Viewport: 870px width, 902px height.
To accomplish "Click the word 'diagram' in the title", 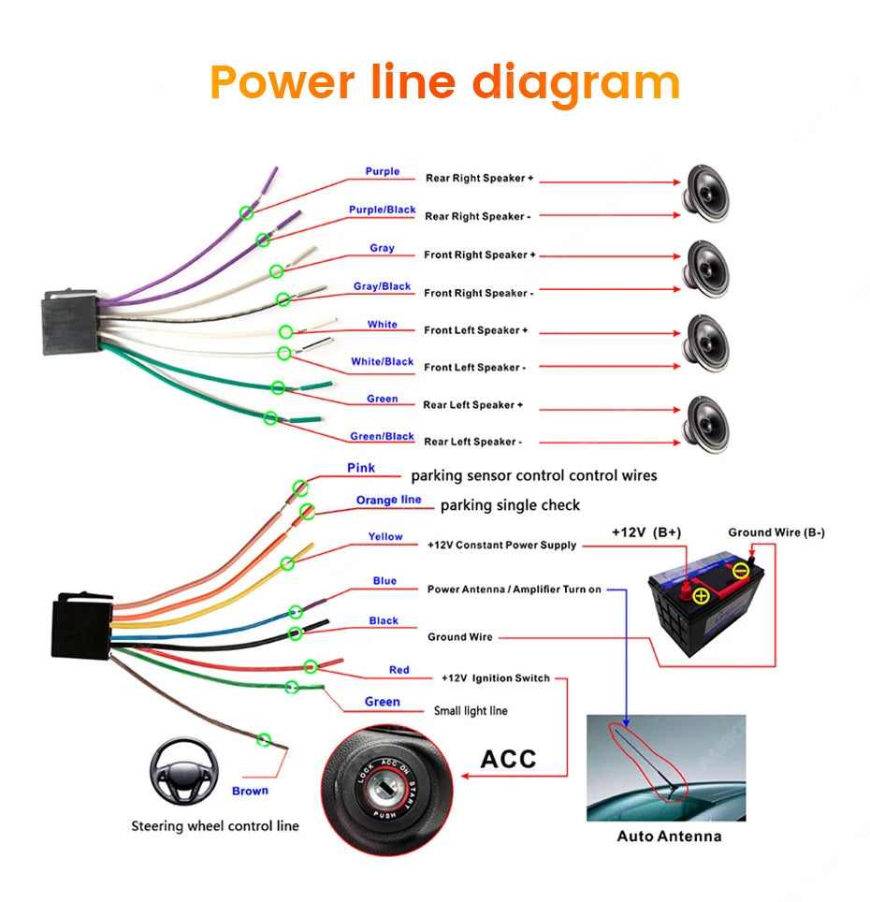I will (575, 83).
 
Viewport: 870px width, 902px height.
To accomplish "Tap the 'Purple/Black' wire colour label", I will (382, 210).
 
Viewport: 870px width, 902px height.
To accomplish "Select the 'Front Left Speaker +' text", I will (476, 330).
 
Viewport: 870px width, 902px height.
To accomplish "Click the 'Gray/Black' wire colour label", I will (382, 286).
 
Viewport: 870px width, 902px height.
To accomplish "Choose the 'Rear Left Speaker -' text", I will (472, 442).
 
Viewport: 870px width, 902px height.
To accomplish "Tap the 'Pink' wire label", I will (361, 468).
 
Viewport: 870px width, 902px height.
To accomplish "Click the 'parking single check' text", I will (510, 505).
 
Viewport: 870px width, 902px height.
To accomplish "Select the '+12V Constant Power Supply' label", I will (501, 545).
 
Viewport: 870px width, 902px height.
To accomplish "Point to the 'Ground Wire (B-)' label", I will (776, 532).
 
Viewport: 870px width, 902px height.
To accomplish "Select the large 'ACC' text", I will (508, 758).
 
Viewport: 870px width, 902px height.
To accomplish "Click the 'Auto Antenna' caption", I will (669, 836).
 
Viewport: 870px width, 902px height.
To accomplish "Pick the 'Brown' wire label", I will (250, 791).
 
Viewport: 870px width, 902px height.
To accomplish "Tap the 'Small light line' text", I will (471, 711).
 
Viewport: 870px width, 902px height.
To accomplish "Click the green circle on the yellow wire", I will (287, 563).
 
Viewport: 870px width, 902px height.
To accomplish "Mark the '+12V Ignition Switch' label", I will (495, 677).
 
